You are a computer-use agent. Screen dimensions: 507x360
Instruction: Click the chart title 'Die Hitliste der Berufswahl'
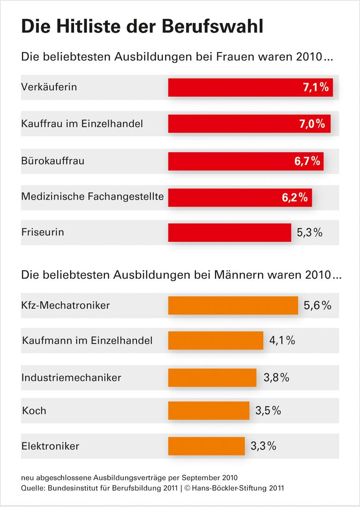[142, 26]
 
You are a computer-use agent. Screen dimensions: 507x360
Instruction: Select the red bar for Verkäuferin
[234, 88]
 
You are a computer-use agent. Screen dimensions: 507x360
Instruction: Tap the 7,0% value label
[312, 124]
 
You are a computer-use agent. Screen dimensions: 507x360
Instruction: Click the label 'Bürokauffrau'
[53, 161]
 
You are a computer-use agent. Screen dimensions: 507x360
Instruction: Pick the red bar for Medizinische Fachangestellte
[225, 197]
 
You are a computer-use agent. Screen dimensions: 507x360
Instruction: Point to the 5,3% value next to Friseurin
[309, 232]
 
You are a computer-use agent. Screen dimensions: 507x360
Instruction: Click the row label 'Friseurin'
[43, 232]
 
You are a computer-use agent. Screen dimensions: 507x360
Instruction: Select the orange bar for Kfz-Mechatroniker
[233, 306]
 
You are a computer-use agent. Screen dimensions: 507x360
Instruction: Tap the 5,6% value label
[317, 306]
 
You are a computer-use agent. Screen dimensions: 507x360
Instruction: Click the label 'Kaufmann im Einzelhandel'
[87, 341]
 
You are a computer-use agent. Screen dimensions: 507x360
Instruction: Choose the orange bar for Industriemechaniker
[212, 378]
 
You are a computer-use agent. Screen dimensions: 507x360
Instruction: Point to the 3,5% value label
[268, 411]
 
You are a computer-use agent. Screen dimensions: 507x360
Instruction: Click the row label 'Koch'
[34, 411]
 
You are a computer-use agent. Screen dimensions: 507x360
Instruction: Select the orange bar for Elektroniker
[206, 446]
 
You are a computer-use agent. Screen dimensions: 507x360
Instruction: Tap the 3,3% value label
[263, 446]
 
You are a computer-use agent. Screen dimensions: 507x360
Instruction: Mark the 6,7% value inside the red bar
[307, 161]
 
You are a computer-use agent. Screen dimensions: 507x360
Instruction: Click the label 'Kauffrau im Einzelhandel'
[82, 124]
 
